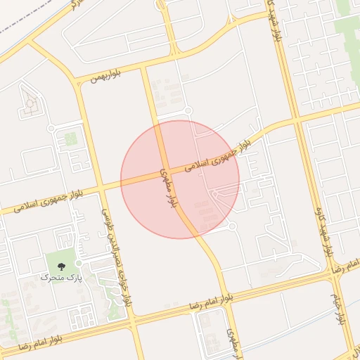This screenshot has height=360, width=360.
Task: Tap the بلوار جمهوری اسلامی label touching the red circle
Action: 219,155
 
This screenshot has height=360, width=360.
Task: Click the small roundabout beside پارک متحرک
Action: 79,263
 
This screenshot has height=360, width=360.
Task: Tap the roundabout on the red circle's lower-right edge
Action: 231,226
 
